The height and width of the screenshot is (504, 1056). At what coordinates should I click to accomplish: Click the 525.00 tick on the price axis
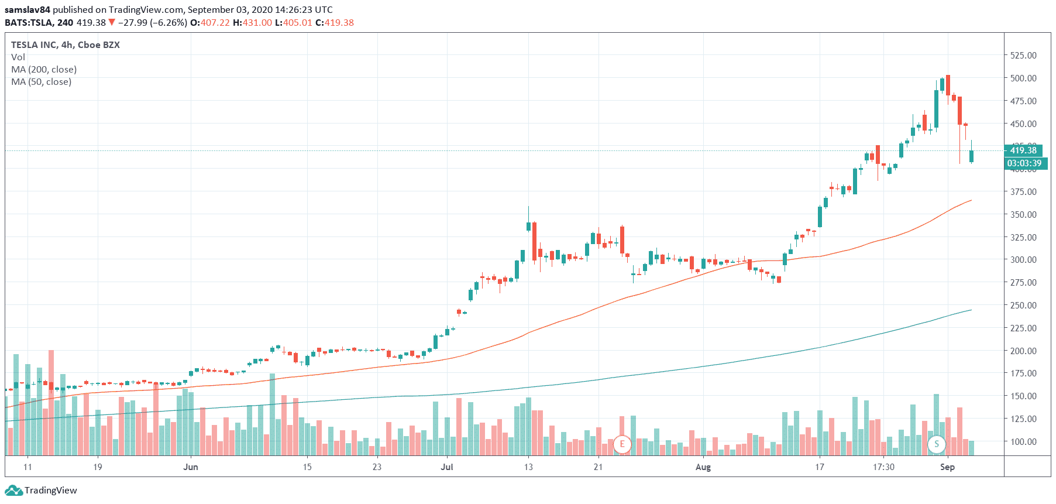(1023, 55)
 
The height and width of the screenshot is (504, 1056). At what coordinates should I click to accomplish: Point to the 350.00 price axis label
(1023, 214)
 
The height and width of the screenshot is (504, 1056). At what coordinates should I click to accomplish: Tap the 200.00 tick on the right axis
(1023, 351)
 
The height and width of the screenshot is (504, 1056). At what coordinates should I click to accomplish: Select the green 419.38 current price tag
(1023, 150)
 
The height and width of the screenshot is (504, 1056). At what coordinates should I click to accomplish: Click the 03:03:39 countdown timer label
(1024, 163)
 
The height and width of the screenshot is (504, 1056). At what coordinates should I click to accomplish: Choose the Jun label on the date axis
(191, 467)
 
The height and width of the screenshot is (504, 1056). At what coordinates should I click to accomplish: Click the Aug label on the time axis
(703, 467)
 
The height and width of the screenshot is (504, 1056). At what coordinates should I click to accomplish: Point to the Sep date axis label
(947, 467)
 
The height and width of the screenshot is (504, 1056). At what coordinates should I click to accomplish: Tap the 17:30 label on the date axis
(883, 467)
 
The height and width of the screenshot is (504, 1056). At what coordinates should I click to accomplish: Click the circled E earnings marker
(622, 444)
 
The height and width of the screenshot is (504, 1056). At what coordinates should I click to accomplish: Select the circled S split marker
(937, 444)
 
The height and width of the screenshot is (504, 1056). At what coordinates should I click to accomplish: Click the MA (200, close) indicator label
(44, 70)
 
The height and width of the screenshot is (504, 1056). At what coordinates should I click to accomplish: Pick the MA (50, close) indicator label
(42, 82)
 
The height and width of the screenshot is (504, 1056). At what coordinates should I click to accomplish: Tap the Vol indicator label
(18, 57)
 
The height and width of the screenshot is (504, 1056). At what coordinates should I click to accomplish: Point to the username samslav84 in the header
(27, 10)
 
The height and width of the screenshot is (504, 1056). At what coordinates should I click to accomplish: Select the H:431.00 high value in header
(252, 23)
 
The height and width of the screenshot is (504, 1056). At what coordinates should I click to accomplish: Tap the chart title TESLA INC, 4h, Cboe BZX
(66, 45)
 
